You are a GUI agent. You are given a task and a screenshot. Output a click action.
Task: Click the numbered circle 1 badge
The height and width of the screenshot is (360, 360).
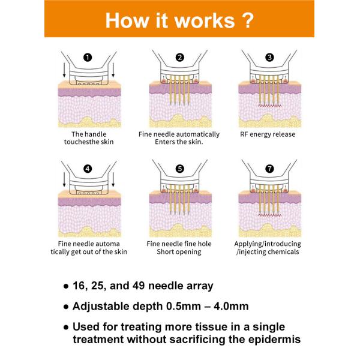(x=88, y=58)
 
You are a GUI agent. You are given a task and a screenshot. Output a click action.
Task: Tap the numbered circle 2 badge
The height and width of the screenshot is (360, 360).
(x=179, y=58)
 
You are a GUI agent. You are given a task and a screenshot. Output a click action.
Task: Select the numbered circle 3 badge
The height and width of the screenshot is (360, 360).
(x=269, y=58)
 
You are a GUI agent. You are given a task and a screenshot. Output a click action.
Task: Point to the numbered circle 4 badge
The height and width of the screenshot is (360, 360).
(x=88, y=169)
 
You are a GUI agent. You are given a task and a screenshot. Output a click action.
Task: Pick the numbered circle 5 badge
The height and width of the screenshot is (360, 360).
(x=179, y=169)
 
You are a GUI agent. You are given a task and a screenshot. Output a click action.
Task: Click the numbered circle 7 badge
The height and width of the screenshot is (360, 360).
(x=269, y=169)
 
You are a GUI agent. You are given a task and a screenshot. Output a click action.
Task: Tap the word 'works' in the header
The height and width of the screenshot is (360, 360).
(x=202, y=19)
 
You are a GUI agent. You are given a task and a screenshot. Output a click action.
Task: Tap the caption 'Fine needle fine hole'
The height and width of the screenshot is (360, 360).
(x=179, y=244)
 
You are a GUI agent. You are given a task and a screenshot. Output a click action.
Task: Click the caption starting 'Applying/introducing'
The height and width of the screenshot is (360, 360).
(x=268, y=244)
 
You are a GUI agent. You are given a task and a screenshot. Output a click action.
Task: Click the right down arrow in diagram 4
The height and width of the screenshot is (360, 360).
(x=116, y=178)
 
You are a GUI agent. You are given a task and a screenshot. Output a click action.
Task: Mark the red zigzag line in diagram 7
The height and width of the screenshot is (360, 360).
(x=269, y=215)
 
